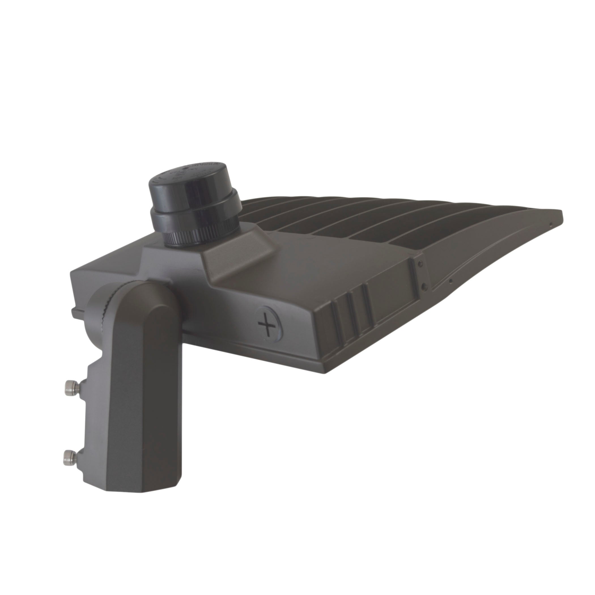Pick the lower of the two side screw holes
point(424,286)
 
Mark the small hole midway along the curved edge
point(450,280)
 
